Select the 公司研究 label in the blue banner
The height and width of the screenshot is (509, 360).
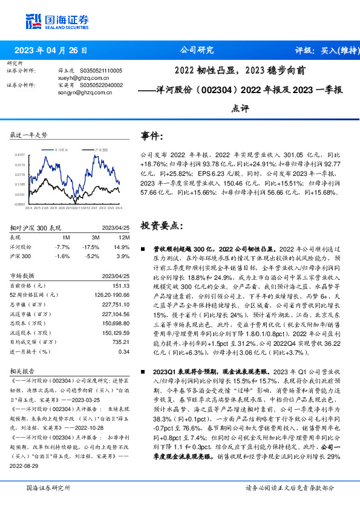pos(197,51)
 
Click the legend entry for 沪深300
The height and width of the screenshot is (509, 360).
pos(99,148)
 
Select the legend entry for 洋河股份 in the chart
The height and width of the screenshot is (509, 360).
pos(58,148)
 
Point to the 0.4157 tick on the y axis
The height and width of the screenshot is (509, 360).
pos(21,155)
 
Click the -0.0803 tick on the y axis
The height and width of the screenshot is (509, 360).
pos(21,204)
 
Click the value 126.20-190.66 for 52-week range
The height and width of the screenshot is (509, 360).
pos(113,294)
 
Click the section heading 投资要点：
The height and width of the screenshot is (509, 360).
pos(162,225)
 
